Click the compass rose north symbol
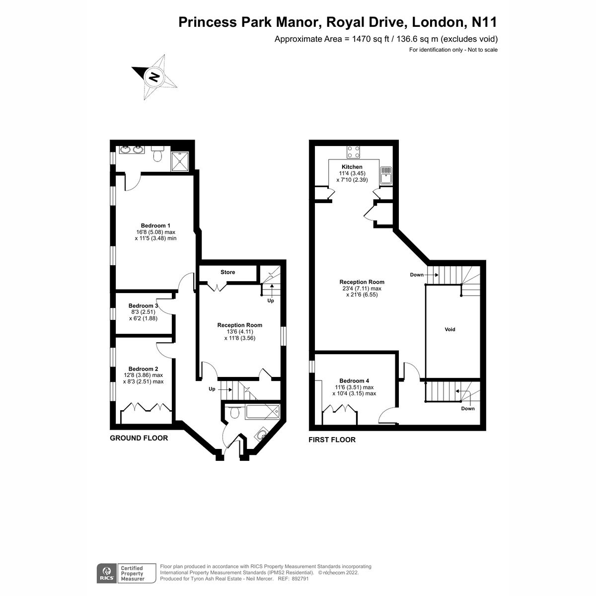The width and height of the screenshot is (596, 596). pos(154,77)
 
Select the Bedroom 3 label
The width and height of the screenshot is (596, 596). pos(143,305)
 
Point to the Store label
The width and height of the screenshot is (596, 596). pos(228,272)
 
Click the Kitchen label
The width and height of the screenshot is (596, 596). pos(352,167)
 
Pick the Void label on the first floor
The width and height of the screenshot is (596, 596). pos(450,329)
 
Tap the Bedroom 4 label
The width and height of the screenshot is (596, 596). pos(354,380)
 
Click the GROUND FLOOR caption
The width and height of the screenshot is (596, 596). pos(139,438)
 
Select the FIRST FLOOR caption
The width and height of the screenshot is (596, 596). pos(332,440)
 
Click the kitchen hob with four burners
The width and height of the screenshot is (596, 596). pos(354,152)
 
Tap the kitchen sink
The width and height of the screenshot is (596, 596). pos(386,174)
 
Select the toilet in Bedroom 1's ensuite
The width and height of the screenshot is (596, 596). pos(158,154)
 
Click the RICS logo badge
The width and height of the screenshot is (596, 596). pos(106,573)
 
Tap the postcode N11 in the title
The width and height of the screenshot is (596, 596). pos(481,22)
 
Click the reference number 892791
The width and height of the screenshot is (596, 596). pos(300,579)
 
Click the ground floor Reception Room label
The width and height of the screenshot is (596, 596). pos(239,325)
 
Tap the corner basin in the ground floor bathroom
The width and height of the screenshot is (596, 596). pos(261,436)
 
